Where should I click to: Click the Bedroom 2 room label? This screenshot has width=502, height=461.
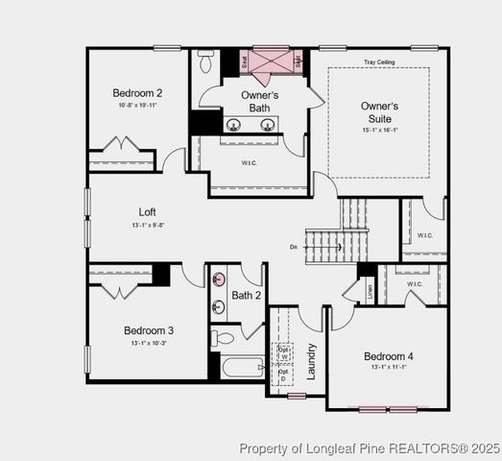137,93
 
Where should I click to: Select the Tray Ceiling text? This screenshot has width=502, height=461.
379,62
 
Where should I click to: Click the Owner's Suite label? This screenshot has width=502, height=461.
380,111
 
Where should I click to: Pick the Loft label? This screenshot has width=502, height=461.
147,212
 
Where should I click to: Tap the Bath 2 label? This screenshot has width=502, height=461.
246,295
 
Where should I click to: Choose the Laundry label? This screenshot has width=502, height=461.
310,361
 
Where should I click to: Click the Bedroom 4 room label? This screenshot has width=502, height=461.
390,356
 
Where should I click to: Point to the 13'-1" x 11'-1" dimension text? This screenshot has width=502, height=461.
389,367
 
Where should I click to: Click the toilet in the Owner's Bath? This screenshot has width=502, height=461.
205,61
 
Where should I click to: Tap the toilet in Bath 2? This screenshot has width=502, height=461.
223,338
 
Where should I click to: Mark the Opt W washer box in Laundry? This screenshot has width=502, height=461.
283,353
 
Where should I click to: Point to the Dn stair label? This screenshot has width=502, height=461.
293,247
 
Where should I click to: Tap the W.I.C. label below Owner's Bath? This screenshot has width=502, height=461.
247,161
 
